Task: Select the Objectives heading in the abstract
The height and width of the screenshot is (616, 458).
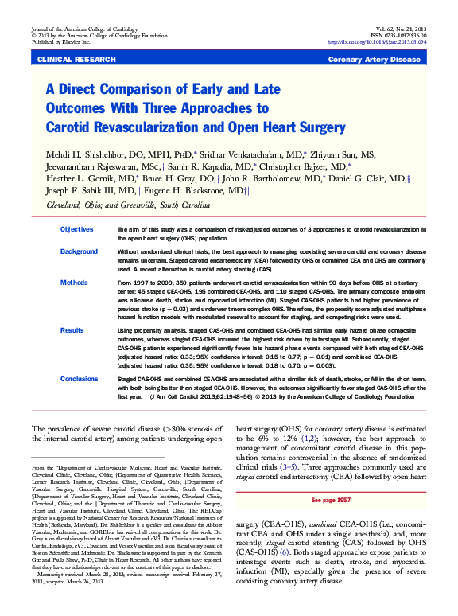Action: click(x=78, y=229)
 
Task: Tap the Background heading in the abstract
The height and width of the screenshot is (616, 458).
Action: click(x=79, y=251)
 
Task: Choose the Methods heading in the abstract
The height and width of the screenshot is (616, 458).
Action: click(x=74, y=283)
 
